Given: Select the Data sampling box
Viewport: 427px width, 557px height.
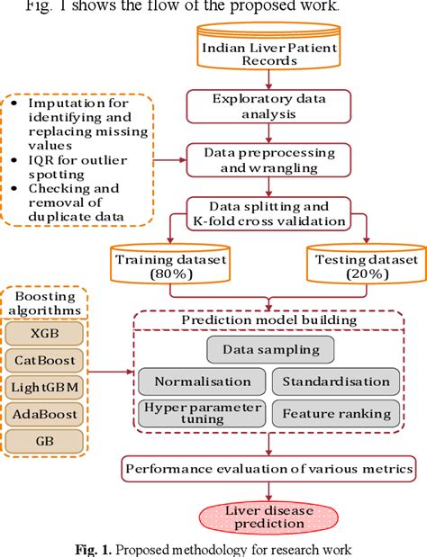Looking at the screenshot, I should pos(270,349).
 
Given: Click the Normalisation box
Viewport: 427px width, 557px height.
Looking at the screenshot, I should pos(202,381).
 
